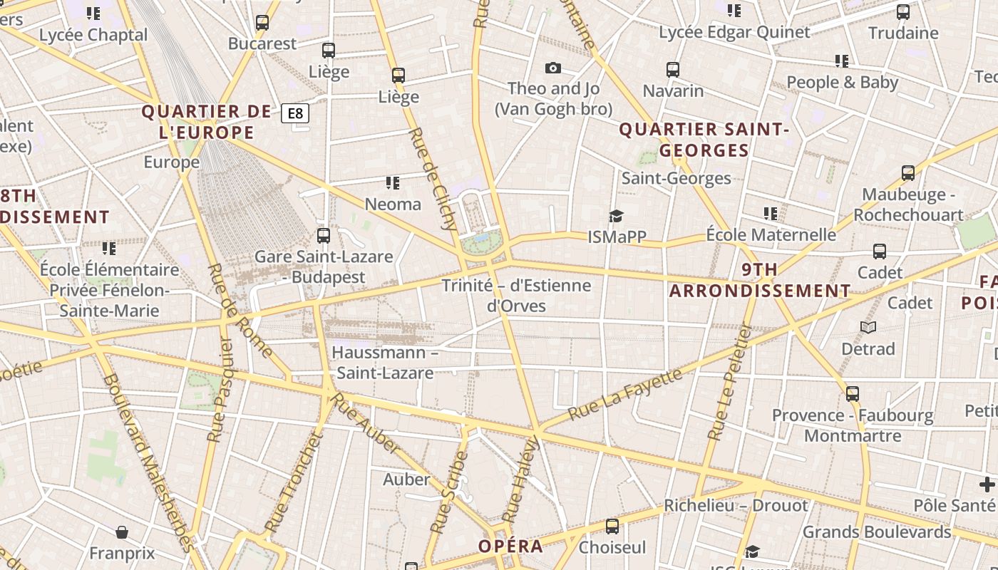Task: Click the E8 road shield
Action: point(295,113)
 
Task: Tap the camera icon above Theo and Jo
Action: point(552,68)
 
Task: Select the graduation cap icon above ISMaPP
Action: point(616,216)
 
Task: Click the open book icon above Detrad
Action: point(868,327)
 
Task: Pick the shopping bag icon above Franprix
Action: point(122,532)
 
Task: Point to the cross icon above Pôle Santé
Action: point(987,484)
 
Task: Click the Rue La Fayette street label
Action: point(625,394)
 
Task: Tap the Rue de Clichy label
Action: point(433,180)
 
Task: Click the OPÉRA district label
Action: point(510,546)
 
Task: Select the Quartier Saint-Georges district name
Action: point(704,140)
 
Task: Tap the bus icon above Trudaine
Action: point(903,12)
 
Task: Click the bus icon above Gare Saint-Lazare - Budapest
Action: point(324,235)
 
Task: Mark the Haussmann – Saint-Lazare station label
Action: point(385,363)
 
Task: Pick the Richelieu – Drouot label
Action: point(736,505)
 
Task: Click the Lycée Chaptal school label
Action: point(93,35)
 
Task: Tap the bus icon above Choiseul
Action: point(612,527)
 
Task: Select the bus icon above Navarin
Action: point(673,70)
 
